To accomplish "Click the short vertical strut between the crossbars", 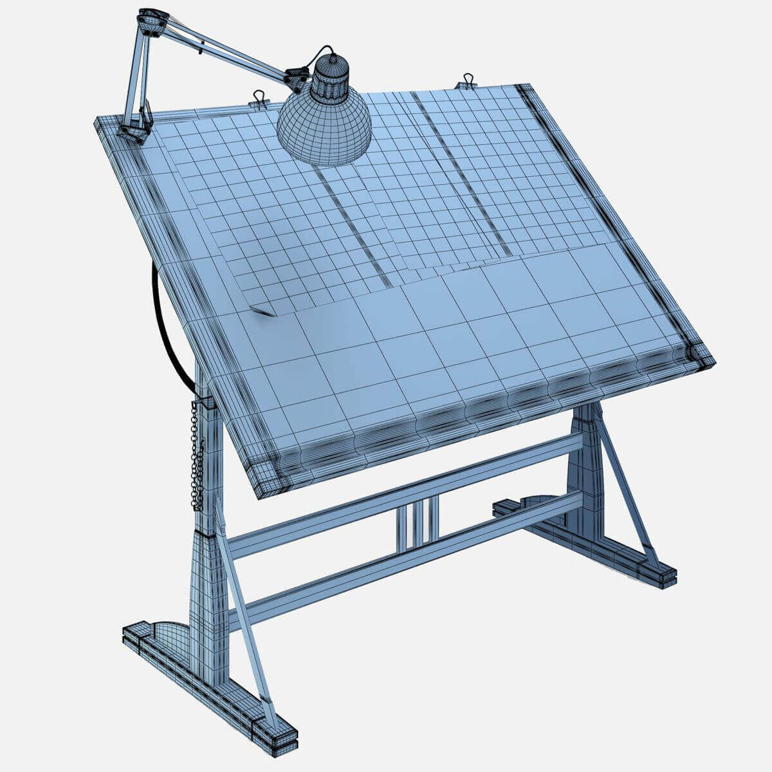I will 417,524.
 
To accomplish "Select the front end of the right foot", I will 659,574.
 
